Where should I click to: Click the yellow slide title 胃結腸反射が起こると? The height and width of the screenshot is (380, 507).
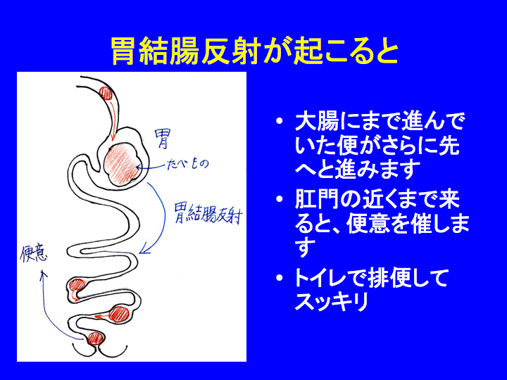[255, 52]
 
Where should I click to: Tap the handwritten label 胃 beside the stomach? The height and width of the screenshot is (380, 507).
[162, 139]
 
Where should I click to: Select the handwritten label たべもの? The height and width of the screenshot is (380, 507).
[188, 164]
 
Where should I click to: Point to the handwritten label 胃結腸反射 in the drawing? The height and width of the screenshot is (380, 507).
[208, 213]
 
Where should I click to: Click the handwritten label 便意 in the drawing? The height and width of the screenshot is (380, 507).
[35, 254]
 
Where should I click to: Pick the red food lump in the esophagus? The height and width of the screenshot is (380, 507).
[106, 93]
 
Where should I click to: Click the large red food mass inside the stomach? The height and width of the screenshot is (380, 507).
[123, 165]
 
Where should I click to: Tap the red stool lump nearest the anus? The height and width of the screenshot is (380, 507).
[96, 338]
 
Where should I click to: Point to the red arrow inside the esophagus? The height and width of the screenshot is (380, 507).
[112, 120]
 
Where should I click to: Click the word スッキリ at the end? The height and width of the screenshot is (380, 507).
[332, 301]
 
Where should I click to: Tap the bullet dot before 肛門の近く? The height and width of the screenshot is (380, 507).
[280, 199]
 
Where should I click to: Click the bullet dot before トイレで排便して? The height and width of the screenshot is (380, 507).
[280, 277]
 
